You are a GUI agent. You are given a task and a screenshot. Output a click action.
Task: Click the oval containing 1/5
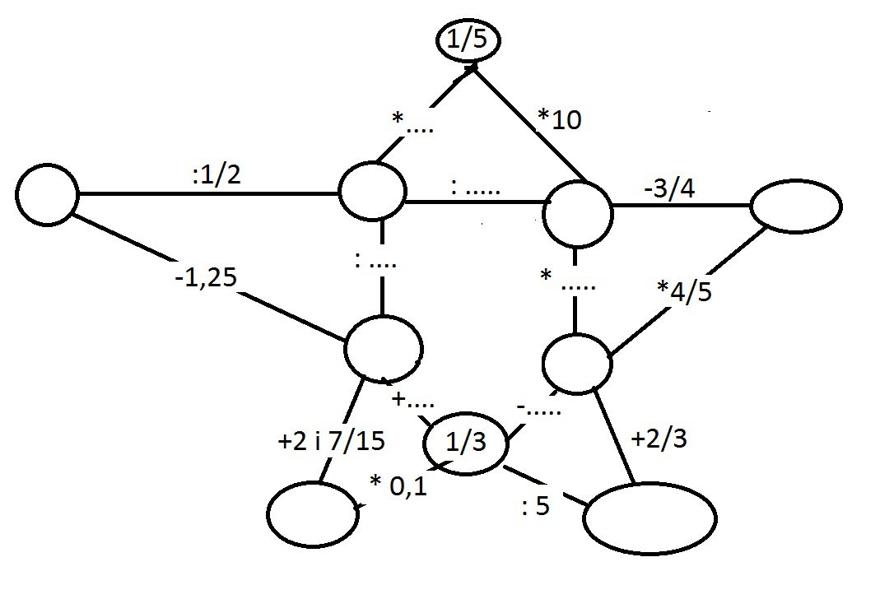point(467,42)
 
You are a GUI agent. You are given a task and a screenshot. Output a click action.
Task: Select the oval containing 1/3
point(466,443)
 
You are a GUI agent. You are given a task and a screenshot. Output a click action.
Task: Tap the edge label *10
point(559,120)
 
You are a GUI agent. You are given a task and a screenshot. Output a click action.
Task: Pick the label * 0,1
point(398,486)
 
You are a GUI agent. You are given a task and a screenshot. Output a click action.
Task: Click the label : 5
point(535,505)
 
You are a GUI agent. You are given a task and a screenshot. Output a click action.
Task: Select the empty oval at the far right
point(795,205)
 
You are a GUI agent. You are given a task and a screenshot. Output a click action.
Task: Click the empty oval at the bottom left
point(310,513)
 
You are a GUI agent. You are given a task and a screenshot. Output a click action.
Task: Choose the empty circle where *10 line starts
point(577,212)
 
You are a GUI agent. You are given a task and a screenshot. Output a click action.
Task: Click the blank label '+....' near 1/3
point(414,401)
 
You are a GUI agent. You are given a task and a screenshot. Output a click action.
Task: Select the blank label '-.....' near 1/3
point(540,406)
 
